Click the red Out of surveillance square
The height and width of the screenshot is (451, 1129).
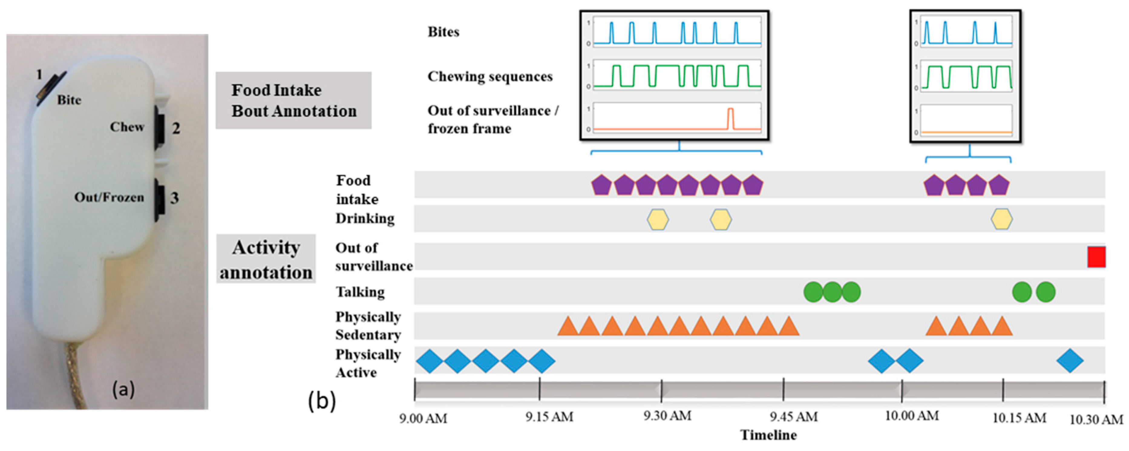click(1096, 257)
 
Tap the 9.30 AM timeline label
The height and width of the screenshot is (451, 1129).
click(667, 416)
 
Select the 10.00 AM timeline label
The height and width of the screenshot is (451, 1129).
click(911, 416)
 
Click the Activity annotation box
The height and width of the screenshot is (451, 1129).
click(266, 259)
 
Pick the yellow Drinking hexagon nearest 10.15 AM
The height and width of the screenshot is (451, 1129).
click(1001, 219)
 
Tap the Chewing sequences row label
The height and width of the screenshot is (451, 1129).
click(489, 77)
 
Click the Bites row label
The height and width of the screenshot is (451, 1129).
click(443, 32)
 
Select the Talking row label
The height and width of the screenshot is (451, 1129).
click(360, 292)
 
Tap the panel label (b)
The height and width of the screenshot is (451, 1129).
click(322, 400)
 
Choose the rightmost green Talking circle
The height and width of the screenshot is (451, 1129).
click(1045, 292)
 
